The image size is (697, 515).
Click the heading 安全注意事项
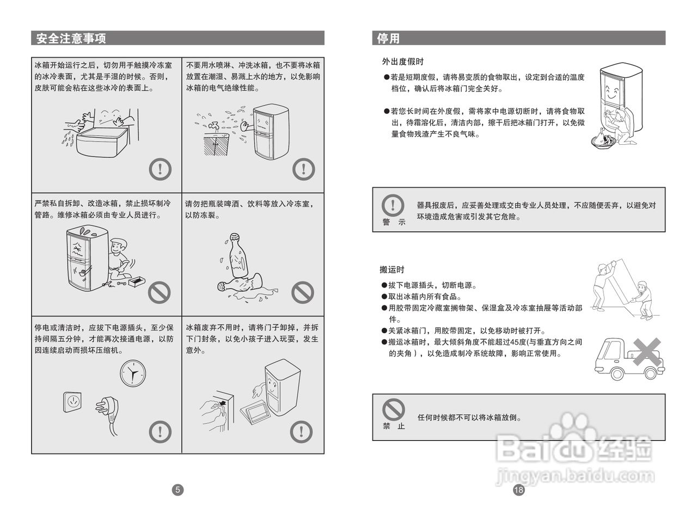[x=71, y=38]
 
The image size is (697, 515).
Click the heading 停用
[x=388, y=38]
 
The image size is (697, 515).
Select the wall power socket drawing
[x=72, y=402]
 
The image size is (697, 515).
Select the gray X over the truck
[x=646, y=352]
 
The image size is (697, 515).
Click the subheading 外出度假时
[x=402, y=62]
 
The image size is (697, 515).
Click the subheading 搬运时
[x=392, y=269]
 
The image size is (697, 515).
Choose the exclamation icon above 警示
[x=393, y=206]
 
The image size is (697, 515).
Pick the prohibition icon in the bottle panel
[x=302, y=292]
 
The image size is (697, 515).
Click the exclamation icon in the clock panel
[x=160, y=432]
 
